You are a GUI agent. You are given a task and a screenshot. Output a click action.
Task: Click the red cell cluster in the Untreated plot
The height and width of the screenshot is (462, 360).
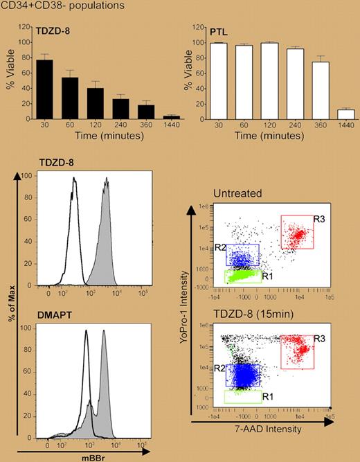click(298, 237)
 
